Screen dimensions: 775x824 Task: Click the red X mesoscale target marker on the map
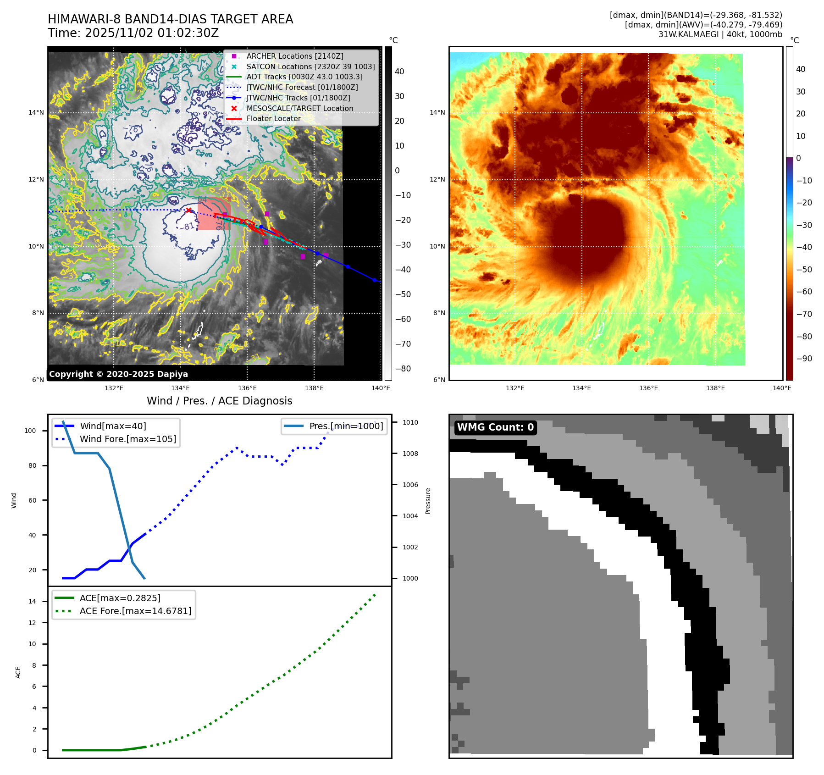tap(188, 210)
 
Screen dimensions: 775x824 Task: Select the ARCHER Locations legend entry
tap(294, 56)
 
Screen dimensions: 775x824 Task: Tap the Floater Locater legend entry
tap(273, 118)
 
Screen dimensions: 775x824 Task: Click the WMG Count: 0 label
tap(495, 427)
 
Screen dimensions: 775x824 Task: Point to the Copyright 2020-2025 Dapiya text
tap(118, 374)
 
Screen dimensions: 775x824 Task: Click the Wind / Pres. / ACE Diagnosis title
tap(219, 401)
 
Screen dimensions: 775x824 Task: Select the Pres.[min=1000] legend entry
tap(346, 426)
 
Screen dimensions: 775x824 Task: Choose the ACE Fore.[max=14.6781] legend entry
tap(135, 611)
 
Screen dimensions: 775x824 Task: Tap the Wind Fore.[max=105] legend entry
tap(127, 439)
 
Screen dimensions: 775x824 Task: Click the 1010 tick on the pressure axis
tap(410, 422)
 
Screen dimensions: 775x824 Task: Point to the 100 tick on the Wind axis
tap(30, 431)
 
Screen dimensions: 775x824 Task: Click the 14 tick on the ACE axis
tap(32, 601)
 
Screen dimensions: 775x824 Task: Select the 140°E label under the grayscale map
tap(381, 388)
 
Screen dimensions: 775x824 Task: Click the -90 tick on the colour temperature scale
tap(804, 359)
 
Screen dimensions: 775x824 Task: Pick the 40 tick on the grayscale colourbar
tap(399, 72)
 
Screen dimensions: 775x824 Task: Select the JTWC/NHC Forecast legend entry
tap(302, 87)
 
